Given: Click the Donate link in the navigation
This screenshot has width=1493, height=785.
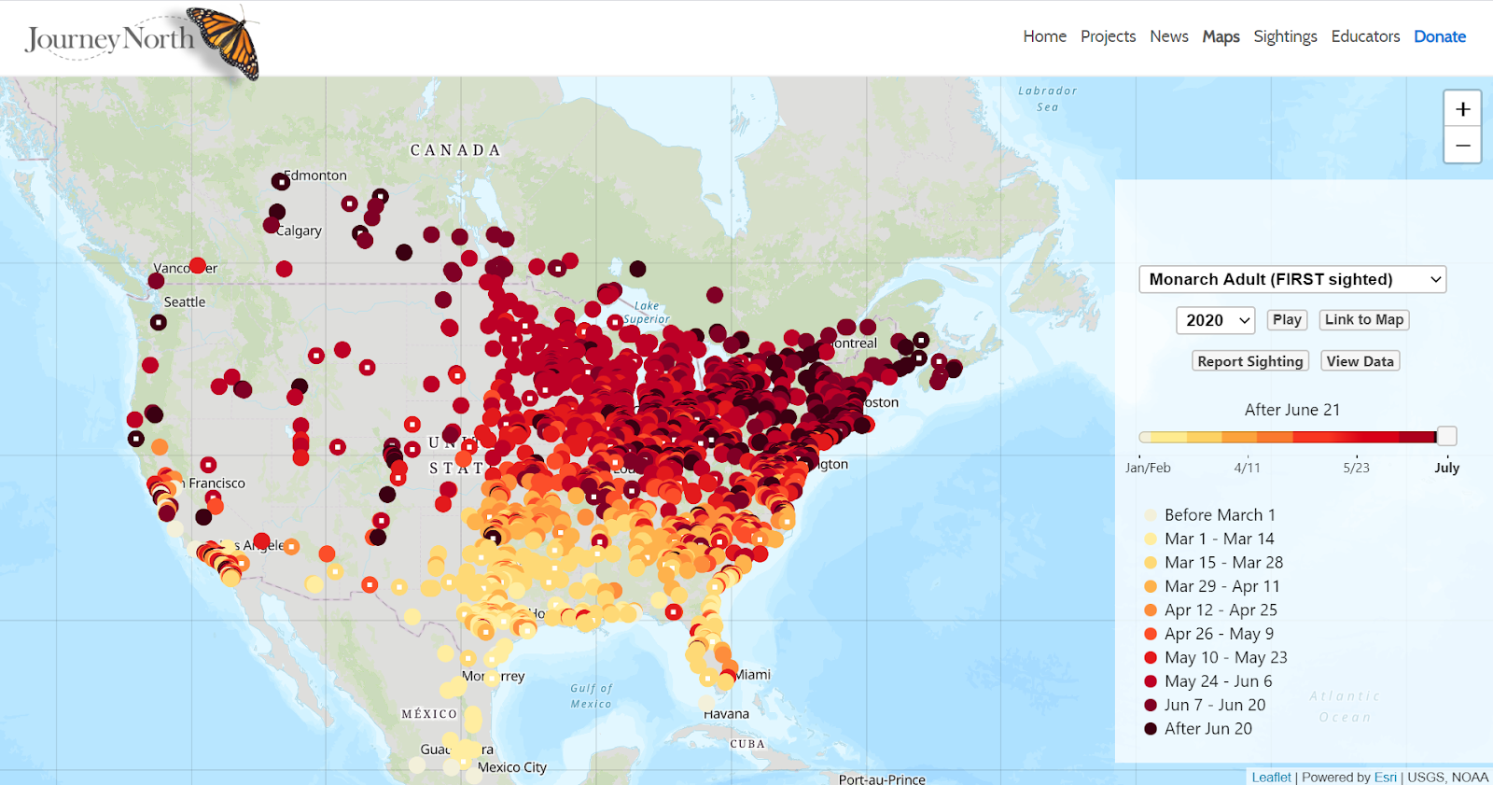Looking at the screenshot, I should (1439, 36).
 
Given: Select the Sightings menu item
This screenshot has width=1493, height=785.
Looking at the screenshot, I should (1285, 36).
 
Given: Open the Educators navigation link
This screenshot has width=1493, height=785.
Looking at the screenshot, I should (1365, 36).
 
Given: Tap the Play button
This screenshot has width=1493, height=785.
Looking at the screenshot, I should (1287, 319).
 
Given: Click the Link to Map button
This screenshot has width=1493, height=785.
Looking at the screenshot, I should (1363, 319).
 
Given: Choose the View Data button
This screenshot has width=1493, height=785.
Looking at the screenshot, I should (1360, 361).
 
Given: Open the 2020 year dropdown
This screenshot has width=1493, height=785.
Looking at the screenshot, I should (1215, 320).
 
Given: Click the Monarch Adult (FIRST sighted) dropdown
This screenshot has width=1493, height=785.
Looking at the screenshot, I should (1291, 279).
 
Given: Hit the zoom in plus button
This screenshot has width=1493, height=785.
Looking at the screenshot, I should (1462, 109).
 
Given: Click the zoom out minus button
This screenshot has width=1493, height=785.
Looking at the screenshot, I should (1462, 146).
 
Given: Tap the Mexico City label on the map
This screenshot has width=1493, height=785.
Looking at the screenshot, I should (511, 767).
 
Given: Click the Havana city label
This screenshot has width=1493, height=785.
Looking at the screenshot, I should (727, 714).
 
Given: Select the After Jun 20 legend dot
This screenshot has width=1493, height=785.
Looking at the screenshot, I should (1151, 729).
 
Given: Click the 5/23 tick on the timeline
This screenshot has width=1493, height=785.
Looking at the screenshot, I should (1356, 468).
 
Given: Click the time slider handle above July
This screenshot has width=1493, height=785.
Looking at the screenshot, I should (1446, 436).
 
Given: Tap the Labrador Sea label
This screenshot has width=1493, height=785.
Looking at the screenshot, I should (1047, 98).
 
